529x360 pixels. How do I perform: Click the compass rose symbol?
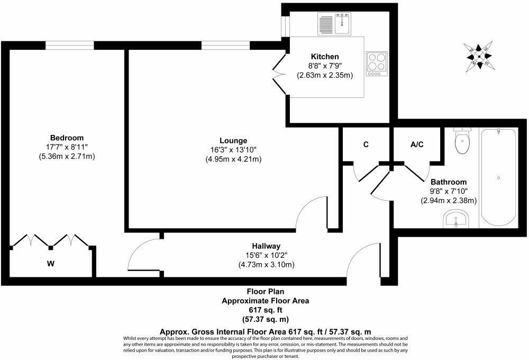tap(479, 56)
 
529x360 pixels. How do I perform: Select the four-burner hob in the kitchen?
tap(377, 64)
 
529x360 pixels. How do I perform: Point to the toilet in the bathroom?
tap(462, 141)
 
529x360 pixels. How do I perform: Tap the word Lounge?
tap(234, 140)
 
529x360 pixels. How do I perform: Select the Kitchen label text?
tap(325, 57)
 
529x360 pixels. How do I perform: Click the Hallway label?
tap(266, 246)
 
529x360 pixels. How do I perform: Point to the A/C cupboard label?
tap(417, 144)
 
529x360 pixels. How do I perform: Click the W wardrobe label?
tap(51, 263)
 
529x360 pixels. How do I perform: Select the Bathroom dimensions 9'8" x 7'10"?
tap(449, 191)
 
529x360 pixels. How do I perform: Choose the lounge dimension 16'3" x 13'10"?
tap(234, 150)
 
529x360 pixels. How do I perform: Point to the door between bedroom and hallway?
tap(143, 256)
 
